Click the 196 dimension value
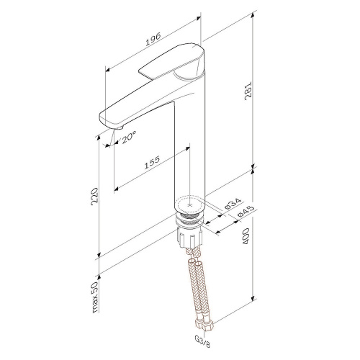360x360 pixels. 153,40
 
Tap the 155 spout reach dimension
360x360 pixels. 152,163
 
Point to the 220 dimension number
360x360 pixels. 94,197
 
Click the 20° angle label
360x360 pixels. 129,138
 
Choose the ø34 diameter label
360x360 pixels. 233,204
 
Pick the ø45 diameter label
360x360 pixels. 246,212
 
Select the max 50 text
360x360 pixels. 95,297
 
